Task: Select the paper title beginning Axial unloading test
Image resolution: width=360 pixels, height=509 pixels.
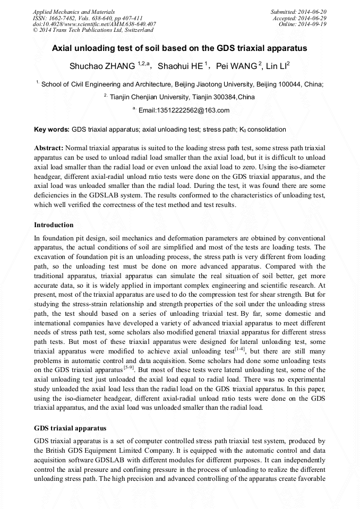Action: [179, 48]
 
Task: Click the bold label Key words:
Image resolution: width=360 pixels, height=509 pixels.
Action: [52, 129]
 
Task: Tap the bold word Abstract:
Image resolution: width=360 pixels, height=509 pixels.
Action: [49, 148]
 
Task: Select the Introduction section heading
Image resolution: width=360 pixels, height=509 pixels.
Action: [54, 225]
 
